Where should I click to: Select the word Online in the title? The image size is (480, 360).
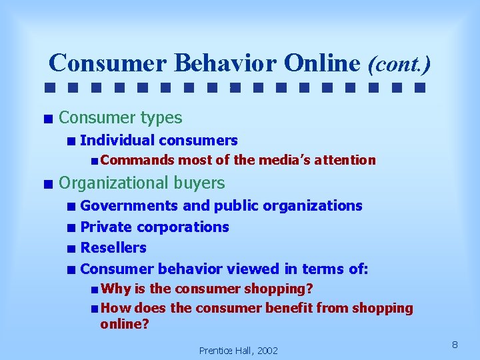322,63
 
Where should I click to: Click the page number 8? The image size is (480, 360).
454,344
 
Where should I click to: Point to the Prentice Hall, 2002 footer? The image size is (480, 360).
238,350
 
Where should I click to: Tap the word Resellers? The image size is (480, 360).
113,247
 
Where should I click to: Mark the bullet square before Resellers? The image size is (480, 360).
71,249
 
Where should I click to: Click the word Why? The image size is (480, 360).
116,289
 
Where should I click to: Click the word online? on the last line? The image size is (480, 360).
125,325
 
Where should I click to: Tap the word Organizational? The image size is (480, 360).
113,183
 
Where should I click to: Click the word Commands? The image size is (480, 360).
137,160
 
